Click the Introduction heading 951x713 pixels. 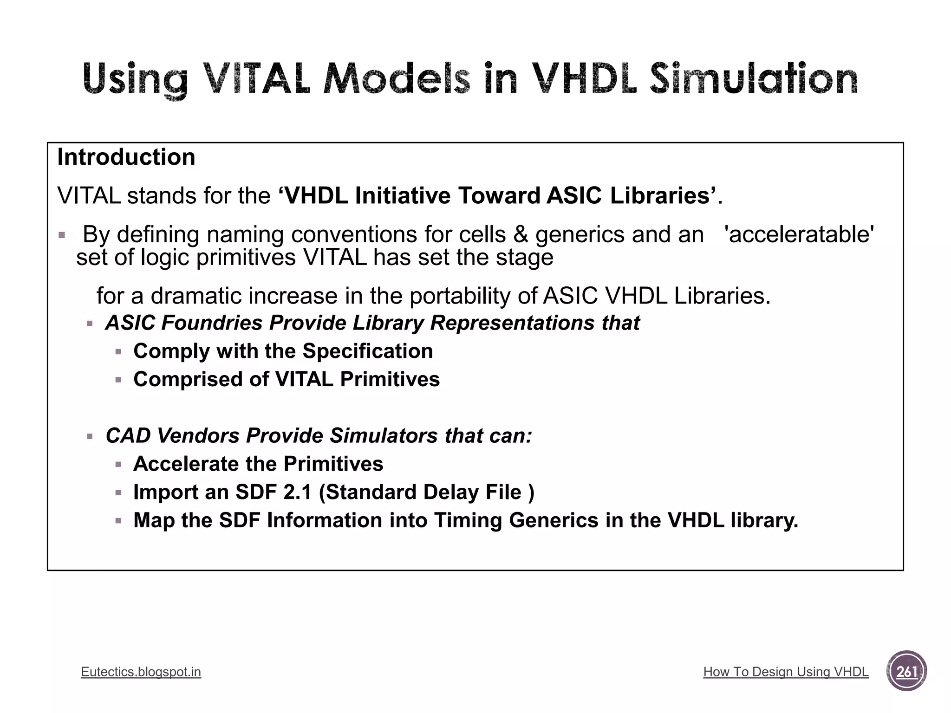[126, 157]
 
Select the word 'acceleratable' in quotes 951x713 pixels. [799, 234]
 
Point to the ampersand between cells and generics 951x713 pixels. [521, 234]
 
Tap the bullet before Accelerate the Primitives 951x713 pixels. [118, 465]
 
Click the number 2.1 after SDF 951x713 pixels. [298, 492]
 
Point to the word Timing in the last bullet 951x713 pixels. [468, 520]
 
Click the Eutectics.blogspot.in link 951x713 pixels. [141, 672]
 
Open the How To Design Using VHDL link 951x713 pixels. [786, 672]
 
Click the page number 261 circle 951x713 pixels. [906, 671]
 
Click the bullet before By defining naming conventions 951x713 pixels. [62, 235]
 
